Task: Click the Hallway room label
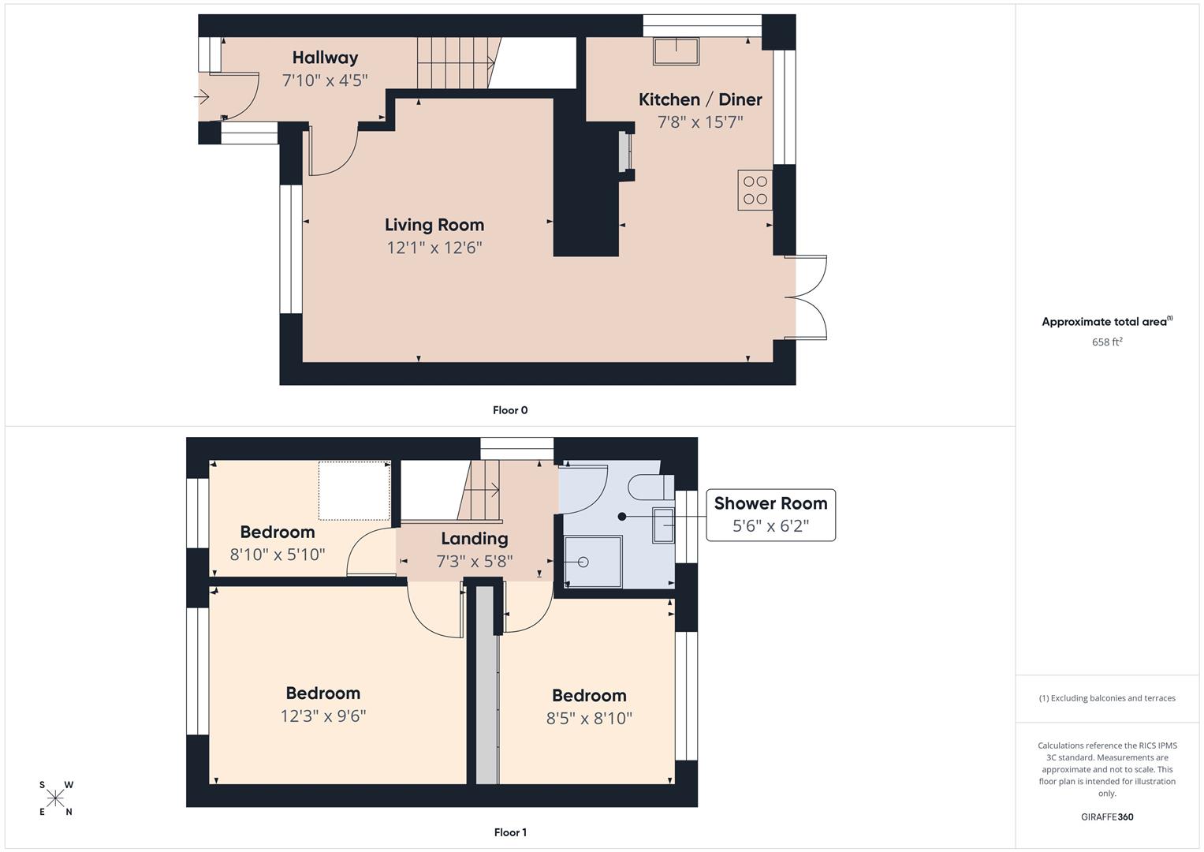coord(325,58)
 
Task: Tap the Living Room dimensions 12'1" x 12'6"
coord(434,248)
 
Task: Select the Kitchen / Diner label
coord(700,99)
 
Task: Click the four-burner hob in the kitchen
coord(755,190)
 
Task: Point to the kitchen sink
coord(677,51)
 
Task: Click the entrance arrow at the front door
coord(202,97)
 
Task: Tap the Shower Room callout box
coord(771,514)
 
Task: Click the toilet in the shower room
coord(651,488)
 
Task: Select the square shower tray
coord(593,562)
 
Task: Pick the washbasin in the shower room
coord(663,525)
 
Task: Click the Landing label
coord(474,538)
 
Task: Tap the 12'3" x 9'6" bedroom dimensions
coord(323,716)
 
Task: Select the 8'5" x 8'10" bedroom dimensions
coord(589,718)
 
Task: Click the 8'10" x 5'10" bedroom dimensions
coord(278,554)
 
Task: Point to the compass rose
coord(55,798)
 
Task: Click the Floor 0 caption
coord(510,410)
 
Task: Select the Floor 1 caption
coord(510,832)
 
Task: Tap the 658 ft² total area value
coord(1107,342)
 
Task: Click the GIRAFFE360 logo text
coord(1107,816)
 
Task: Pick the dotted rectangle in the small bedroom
coord(354,491)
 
